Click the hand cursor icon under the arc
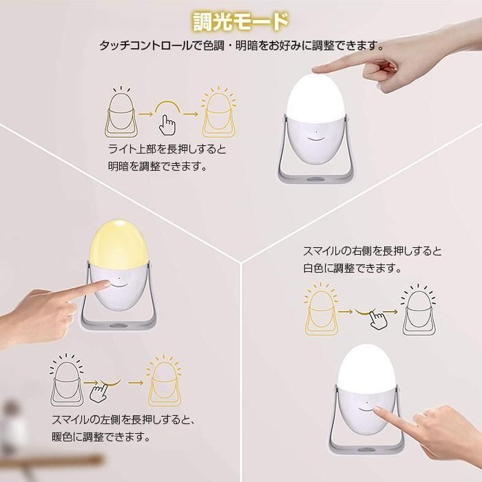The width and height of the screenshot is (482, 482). (167, 125)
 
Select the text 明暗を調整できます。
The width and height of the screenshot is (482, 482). (157, 166)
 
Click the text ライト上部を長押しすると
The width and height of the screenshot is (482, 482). (167, 149)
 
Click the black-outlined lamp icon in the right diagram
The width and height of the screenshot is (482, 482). (420, 311)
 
